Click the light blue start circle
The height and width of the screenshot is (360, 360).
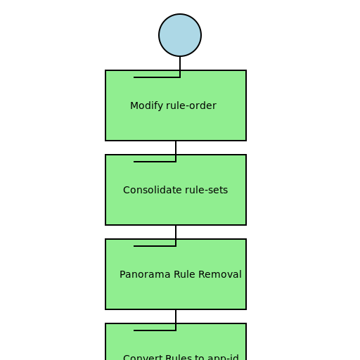180,35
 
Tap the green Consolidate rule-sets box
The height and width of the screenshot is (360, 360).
176,207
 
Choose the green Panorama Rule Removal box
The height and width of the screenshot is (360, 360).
176,292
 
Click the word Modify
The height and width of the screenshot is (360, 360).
146,106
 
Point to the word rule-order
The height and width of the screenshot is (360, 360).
191,106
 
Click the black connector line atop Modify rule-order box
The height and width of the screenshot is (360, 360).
156,77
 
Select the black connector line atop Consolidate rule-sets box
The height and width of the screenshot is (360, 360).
155,161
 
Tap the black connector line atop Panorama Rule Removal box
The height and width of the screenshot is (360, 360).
155,245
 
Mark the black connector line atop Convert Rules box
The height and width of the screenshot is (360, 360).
155,330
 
